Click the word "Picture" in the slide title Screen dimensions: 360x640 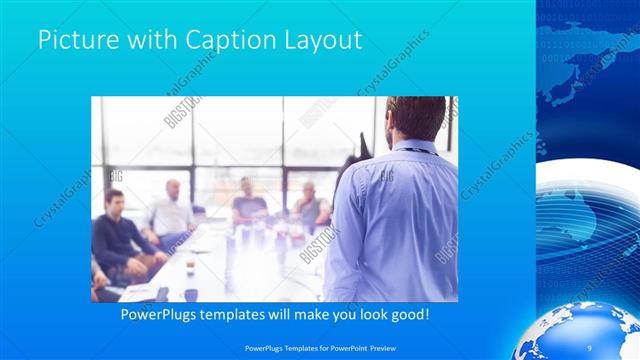[75, 41]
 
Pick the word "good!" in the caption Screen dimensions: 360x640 [409, 314]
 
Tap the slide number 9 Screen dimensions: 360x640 [589, 345]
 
